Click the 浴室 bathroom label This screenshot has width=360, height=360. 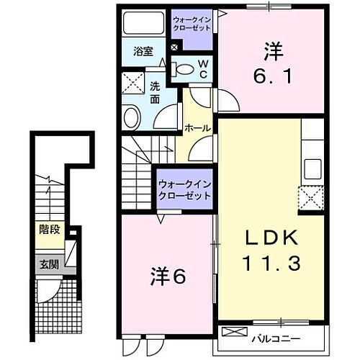click(x=143, y=51)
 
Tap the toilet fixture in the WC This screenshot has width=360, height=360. click(x=185, y=70)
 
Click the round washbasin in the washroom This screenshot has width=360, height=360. click(x=132, y=117)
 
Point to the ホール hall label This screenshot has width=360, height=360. click(x=197, y=128)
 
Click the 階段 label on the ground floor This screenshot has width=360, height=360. click(x=49, y=231)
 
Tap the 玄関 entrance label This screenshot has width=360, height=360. click(x=49, y=262)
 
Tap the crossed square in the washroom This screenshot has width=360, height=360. click(x=132, y=84)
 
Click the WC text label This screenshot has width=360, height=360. click(x=203, y=68)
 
